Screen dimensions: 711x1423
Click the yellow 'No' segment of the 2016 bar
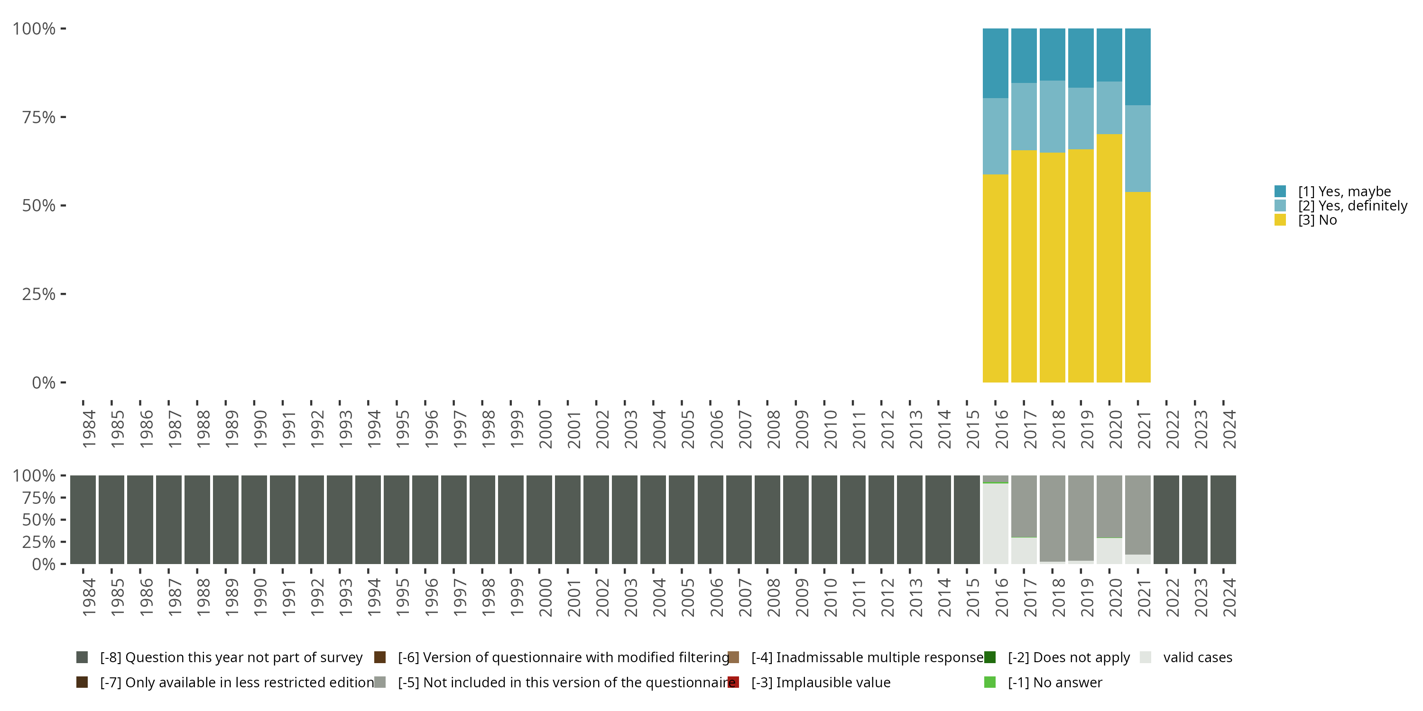click(996, 278)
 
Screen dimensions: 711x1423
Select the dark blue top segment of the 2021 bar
click(1138, 66)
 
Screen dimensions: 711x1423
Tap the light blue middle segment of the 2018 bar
click(1053, 117)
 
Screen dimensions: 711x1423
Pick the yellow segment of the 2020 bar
click(1109, 258)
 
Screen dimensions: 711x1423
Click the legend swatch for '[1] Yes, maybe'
click(1280, 191)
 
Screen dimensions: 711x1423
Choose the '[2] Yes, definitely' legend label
click(1352, 206)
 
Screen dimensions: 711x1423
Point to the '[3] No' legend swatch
click(1280, 220)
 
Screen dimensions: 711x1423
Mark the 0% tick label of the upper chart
click(44, 383)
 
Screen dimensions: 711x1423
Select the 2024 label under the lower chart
click(1229, 597)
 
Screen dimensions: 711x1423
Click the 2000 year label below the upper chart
click(545, 429)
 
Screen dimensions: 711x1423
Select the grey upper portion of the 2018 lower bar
click(1053, 518)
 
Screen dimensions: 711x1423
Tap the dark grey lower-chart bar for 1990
click(254, 520)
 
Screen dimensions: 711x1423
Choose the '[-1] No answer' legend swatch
click(990, 682)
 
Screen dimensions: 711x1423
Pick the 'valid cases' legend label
click(1197, 657)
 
